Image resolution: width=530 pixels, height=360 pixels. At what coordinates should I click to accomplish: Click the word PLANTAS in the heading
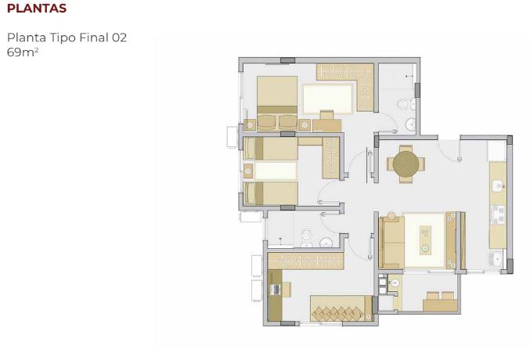click(37, 9)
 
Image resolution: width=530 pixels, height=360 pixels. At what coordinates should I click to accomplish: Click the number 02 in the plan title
click(118, 38)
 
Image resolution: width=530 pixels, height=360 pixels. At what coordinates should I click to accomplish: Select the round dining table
click(406, 164)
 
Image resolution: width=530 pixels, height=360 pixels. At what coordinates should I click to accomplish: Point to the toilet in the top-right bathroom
click(403, 103)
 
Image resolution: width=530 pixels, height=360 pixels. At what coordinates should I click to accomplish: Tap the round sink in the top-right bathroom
click(410, 124)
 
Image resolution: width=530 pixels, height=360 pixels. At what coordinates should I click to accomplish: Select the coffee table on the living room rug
click(425, 239)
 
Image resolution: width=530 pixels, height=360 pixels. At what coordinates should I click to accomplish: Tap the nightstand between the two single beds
click(248, 171)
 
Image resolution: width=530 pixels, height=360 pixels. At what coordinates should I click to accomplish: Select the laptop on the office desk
click(276, 290)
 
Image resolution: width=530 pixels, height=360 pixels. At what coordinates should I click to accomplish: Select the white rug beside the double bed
click(329, 99)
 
